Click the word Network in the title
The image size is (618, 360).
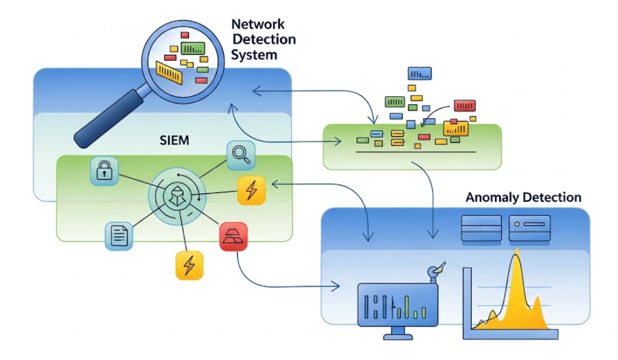tap(258, 25)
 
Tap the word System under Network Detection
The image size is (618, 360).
tap(254, 54)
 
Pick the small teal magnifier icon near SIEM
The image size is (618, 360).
tap(240, 155)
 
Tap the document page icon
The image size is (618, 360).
tap(119, 235)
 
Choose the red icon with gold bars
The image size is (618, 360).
tap(235, 238)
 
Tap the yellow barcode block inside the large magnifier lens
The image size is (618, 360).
tap(169, 71)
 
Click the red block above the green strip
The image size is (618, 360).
tap(465, 105)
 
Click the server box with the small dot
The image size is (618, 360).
tap(529, 228)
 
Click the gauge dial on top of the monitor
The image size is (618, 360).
tap(435, 271)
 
